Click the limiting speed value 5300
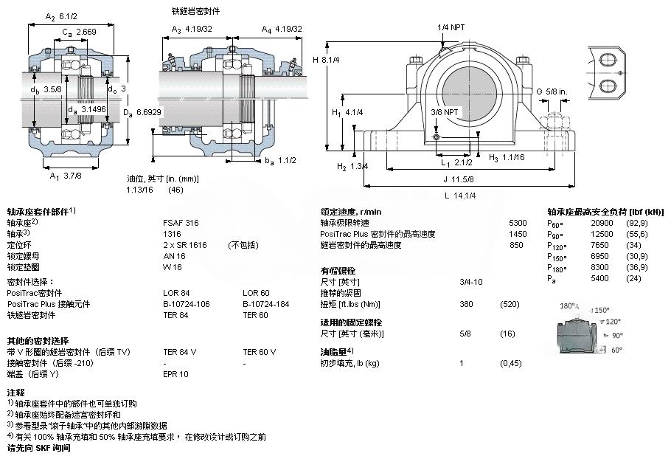(x=518, y=222)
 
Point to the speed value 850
(x=516, y=245)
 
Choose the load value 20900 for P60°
(x=602, y=222)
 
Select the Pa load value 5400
(x=599, y=277)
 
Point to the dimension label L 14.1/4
(x=461, y=195)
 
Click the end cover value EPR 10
(x=175, y=374)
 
